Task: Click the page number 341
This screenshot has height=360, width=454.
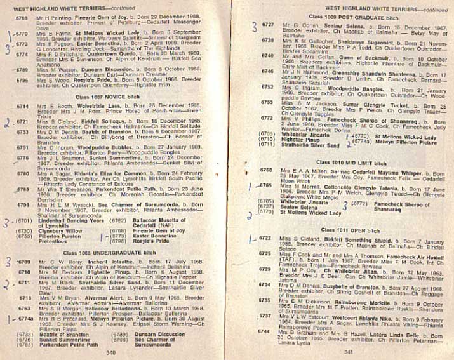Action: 348,351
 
